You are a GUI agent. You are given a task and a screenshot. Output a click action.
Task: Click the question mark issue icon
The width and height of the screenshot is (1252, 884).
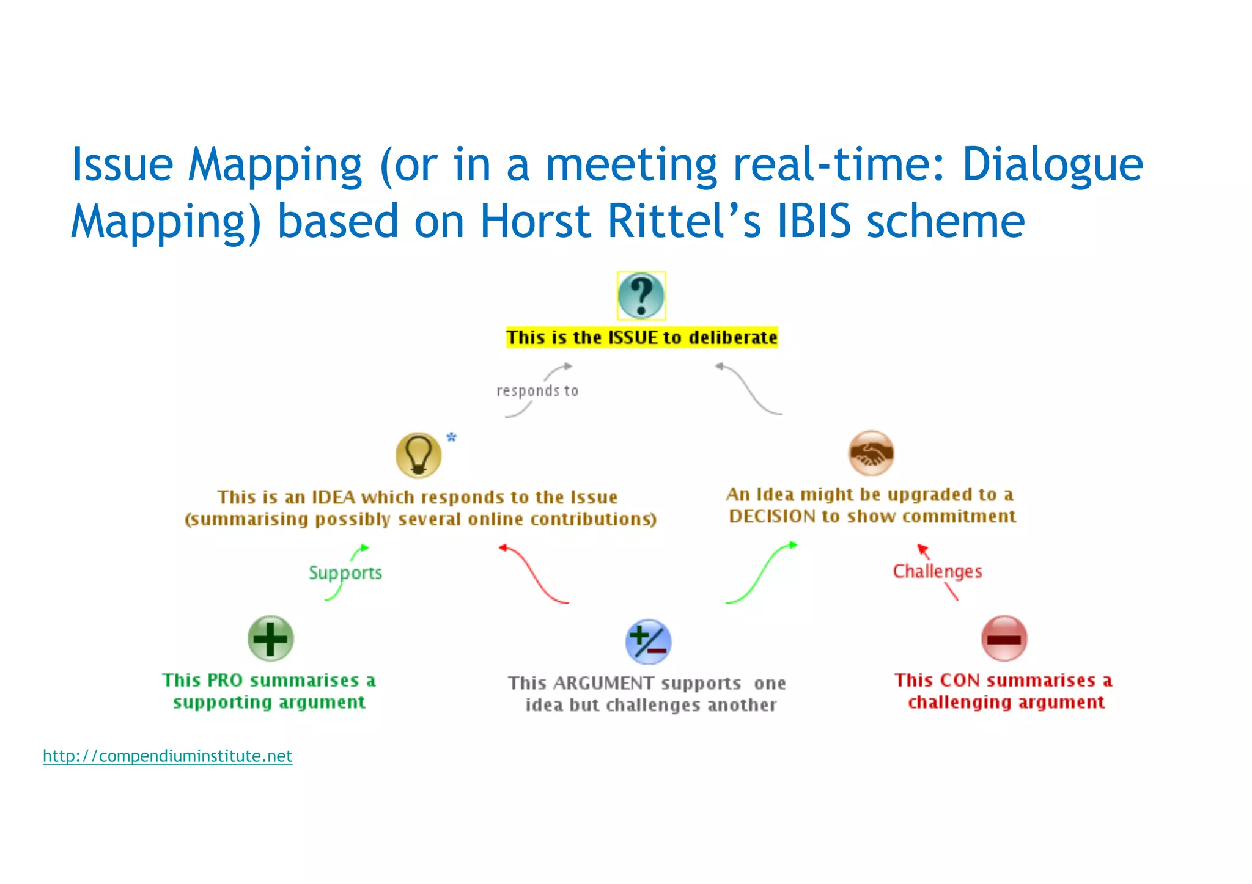click(x=641, y=296)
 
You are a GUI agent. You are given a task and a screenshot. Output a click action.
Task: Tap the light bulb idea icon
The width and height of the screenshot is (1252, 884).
click(x=419, y=455)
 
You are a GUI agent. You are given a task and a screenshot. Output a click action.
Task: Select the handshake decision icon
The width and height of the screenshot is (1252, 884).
click(x=871, y=453)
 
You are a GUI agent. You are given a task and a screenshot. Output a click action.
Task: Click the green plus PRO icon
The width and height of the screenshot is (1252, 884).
click(x=271, y=638)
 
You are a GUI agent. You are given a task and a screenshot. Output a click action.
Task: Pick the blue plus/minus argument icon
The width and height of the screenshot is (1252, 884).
click(x=649, y=642)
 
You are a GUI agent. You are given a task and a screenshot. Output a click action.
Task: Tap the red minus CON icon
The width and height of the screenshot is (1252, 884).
click(x=1004, y=639)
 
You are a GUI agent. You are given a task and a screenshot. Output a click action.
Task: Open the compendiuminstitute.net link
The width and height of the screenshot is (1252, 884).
click(x=168, y=756)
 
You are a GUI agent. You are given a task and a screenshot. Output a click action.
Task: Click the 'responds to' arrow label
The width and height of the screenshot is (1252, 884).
click(x=537, y=391)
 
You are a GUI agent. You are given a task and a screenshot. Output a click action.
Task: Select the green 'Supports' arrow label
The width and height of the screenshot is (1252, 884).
click(x=345, y=573)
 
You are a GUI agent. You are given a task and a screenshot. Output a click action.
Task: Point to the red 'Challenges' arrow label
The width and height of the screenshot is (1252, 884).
click(x=937, y=572)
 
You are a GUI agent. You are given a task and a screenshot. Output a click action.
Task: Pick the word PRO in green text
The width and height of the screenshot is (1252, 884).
click(x=225, y=681)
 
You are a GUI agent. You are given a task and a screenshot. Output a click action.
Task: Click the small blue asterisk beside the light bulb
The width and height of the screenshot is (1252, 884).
click(x=452, y=437)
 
